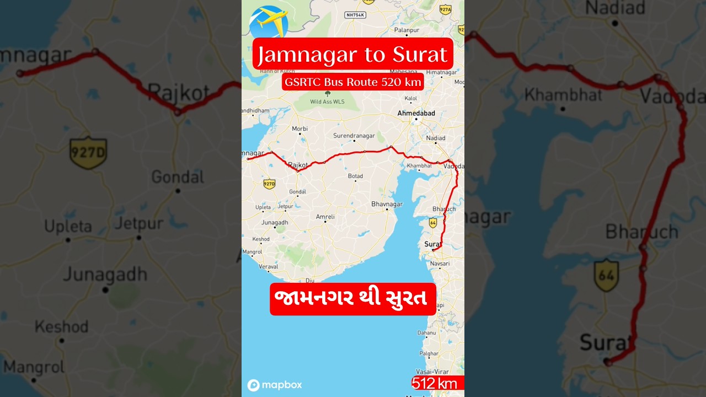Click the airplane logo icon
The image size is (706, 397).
269,22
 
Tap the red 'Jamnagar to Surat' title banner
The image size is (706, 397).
353,54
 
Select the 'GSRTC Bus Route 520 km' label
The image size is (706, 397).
353,82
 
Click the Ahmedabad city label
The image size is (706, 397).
416,113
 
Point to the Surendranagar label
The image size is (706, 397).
354,136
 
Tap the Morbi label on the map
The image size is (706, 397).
299,128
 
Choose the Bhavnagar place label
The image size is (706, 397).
387,204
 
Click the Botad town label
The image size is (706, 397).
355,176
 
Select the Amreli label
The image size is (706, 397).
325,217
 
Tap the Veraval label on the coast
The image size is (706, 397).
269,266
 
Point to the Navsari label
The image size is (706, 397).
439,264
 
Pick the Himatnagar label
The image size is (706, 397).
441,72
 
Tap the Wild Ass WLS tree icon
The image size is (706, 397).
327,94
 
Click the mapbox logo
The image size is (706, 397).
275,385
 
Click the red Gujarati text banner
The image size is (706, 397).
353,299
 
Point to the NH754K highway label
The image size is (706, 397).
355,15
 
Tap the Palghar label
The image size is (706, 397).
429,353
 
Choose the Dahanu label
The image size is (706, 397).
426,332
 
